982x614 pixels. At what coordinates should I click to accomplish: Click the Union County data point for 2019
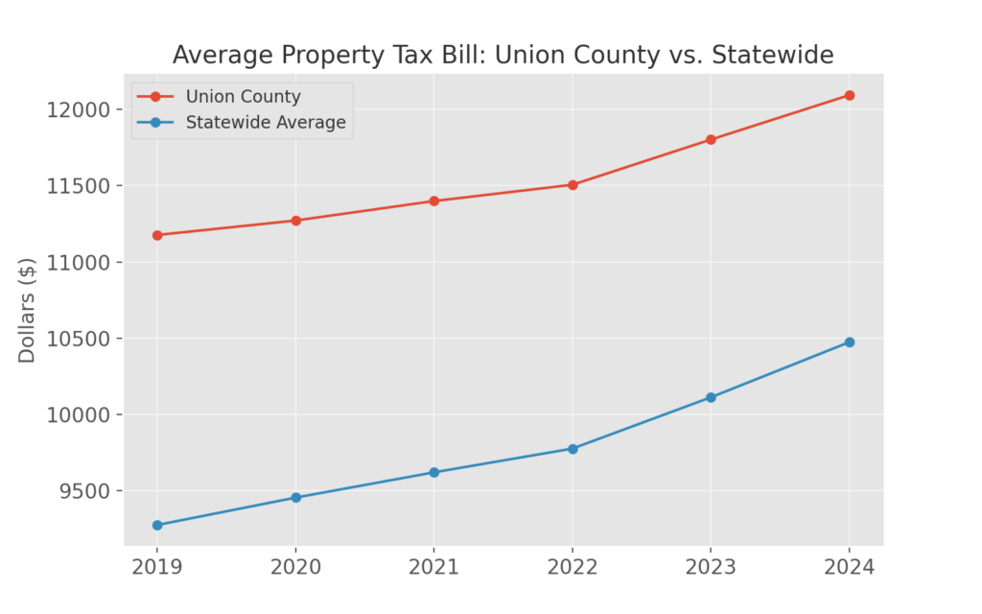[157, 235]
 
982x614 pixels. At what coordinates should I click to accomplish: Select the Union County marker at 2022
[573, 184]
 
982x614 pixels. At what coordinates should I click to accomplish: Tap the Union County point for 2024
[850, 95]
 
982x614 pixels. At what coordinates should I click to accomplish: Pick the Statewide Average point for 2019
[157, 525]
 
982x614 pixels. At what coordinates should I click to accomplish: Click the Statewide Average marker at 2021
[434, 472]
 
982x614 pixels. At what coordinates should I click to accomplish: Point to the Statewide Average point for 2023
[711, 397]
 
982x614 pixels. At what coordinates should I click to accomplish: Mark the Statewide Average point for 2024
[850, 342]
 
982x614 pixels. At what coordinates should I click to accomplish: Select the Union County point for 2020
[296, 221]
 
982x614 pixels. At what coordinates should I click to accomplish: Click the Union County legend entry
[243, 97]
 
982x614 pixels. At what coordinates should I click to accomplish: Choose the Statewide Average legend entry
[266, 123]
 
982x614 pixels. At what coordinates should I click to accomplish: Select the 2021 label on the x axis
[434, 567]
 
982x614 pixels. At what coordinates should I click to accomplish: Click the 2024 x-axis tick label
[850, 567]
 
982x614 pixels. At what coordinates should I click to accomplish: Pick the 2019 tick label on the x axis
[157, 567]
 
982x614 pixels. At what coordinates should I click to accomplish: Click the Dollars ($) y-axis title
[27, 310]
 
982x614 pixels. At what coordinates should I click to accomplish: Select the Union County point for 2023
[711, 139]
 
